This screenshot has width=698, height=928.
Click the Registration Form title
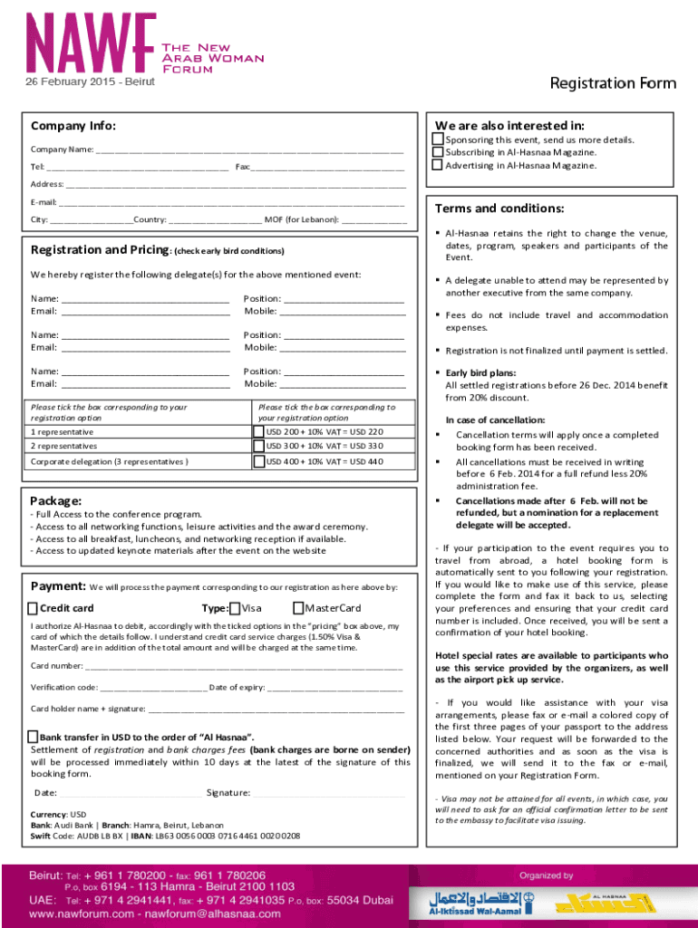tap(613, 83)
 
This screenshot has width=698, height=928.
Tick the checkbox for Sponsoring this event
tap(438, 140)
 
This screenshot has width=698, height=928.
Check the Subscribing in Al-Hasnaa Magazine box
tap(438, 152)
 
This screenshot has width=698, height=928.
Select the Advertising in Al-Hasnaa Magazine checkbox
tap(438, 165)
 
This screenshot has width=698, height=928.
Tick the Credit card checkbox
tap(34, 608)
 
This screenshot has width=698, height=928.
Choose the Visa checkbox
tap(236, 608)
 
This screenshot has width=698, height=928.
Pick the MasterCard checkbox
tap(299, 608)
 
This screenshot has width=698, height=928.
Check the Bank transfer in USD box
tap(34, 737)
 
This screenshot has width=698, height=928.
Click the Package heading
tap(56, 500)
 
